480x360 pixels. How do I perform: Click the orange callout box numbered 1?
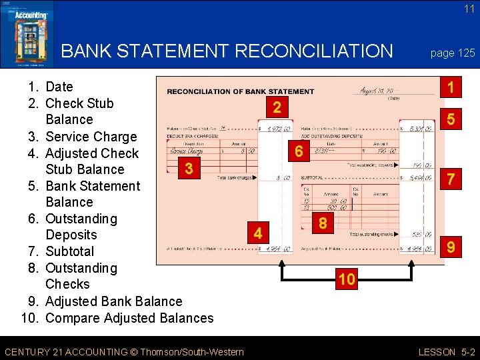pyautogui.click(x=451, y=87)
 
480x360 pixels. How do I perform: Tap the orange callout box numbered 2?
pyautogui.click(x=277, y=107)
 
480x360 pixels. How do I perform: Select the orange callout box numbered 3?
pyautogui.click(x=189, y=169)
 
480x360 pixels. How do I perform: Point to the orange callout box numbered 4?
pyautogui.click(x=258, y=234)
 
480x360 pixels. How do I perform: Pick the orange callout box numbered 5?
pyautogui.click(x=451, y=121)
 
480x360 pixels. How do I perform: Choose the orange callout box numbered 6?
pyautogui.click(x=299, y=152)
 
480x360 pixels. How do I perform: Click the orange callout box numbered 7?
pyautogui.click(x=451, y=179)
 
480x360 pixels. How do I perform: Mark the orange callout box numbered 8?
pyautogui.click(x=323, y=223)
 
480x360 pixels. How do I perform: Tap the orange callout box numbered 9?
pyautogui.click(x=451, y=248)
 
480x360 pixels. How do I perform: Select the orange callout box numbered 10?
pyautogui.click(x=345, y=279)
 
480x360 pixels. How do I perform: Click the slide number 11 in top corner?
pyautogui.click(x=469, y=9)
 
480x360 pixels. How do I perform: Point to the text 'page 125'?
pyautogui.click(x=453, y=53)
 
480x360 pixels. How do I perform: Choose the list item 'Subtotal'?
pyautogui.click(x=69, y=251)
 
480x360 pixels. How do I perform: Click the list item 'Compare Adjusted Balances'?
pyautogui.click(x=129, y=318)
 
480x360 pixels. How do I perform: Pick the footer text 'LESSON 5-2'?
pyautogui.click(x=447, y=351)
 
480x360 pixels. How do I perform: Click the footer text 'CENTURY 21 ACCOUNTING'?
pyautogui.click(x=73, y=351)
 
